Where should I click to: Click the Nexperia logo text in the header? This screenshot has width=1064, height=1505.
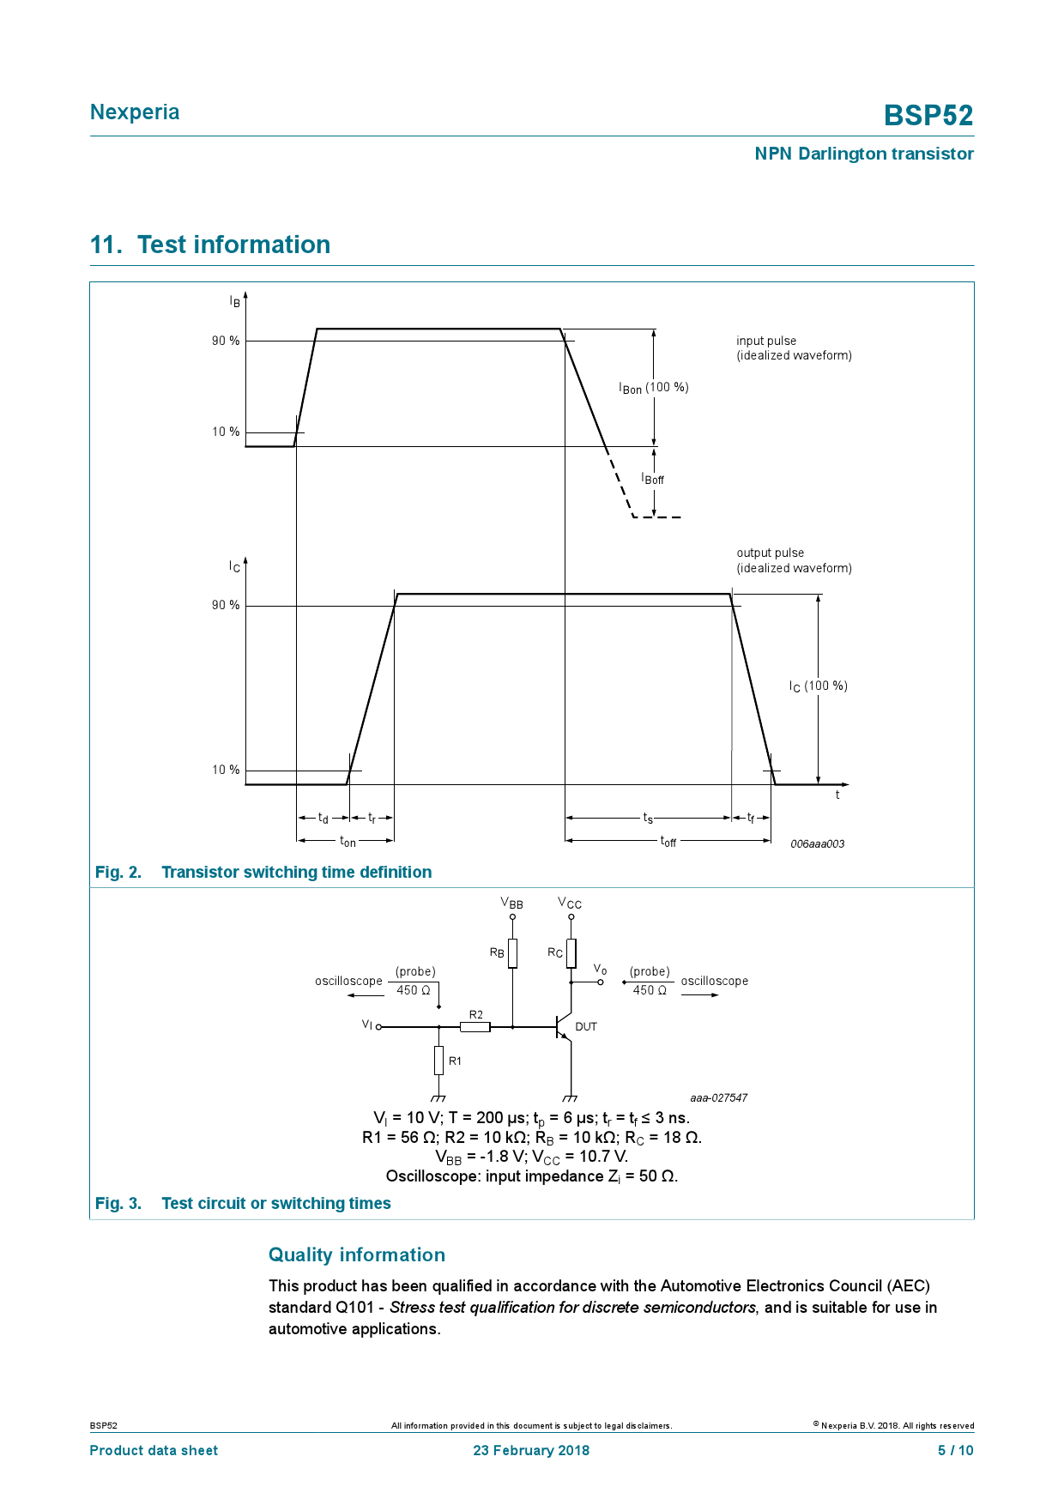click(135, 112)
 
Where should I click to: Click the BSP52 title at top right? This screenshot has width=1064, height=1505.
click(928, 115)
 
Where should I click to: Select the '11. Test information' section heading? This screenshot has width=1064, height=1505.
click(210, 245)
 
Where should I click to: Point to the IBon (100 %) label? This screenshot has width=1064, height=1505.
click(653, 388)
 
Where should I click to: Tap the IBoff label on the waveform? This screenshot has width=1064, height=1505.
click(653, 479)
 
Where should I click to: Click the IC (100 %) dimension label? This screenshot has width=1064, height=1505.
click(818, 686)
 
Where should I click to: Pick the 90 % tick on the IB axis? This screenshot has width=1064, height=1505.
click(226, 341)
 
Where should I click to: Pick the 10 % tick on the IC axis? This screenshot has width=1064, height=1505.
click(226, 770)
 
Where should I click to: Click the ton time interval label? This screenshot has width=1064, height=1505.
click(348, 842)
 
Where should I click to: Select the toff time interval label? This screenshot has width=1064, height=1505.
click(668, 842)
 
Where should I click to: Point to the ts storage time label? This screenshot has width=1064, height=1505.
click(648, 819)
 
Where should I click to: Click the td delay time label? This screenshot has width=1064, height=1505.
click(323, 819)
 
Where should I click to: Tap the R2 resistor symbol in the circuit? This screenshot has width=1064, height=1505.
click(475, 1026)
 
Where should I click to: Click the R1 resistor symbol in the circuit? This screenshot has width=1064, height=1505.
click(438, 1061)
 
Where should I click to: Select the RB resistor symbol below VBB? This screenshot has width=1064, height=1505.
click(512, 953)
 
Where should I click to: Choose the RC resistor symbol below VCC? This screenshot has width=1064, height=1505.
click(571, 953)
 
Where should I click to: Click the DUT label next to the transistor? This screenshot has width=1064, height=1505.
click(586, 1027)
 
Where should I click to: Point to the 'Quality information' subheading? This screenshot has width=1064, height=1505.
click(357, 1255)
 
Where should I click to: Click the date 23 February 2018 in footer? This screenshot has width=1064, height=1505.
click(531, 1450)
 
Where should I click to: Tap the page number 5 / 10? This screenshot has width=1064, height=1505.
click(955, 1450)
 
